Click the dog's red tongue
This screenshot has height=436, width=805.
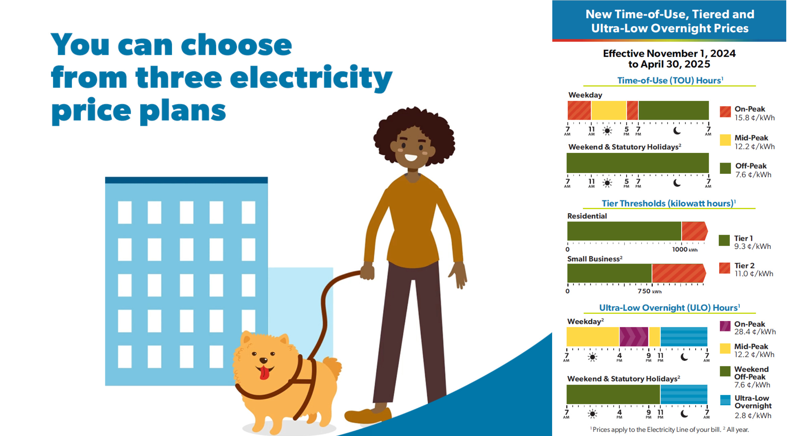(264, 372)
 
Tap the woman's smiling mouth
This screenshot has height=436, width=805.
(411, 157)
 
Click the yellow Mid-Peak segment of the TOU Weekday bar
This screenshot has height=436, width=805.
(609, 110)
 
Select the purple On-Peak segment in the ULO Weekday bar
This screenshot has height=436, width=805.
(634, 336)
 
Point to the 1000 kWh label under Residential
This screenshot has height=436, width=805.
(685, 250)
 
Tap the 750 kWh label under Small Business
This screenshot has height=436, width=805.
(649, 291)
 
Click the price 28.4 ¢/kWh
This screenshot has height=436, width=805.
(755, 332)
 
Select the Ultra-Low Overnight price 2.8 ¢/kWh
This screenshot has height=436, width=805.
(753, 416)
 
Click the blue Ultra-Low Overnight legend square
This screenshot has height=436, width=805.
(725, 400)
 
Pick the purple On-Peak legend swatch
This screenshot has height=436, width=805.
(725, 326)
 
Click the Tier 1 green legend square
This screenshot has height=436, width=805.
(724, 240)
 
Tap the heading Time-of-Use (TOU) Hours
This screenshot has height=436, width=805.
(670, 80)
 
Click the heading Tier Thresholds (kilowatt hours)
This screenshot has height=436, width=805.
(669, 203)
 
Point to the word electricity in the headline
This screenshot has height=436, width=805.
(311, 78)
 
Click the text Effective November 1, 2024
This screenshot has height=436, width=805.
(669, 53)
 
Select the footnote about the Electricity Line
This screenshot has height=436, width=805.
(669, 429)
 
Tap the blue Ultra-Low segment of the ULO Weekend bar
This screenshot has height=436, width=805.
(684, 394)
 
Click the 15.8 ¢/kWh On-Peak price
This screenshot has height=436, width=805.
(755, 118)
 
